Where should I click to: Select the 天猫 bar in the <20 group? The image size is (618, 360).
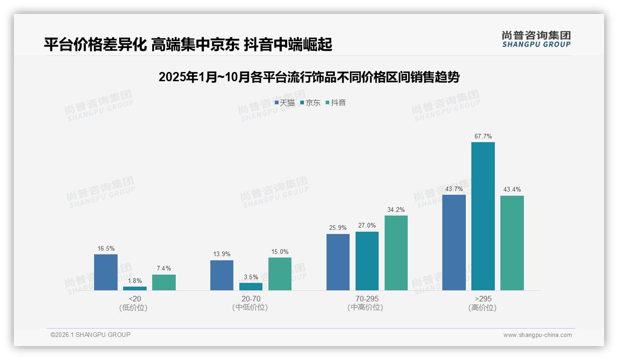point(106,272)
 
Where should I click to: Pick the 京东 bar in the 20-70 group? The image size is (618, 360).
point(251,287)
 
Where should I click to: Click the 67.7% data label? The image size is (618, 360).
point(483,137)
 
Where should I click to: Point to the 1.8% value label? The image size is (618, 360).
point(135,281)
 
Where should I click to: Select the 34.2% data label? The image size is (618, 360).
point(396,210)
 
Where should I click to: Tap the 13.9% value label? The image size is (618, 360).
point(222,254)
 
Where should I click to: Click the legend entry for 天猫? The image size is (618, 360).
point(285,103)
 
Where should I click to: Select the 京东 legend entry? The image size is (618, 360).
point(310,103)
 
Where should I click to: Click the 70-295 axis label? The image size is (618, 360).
point(367,299)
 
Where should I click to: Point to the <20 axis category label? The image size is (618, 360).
point(135,299)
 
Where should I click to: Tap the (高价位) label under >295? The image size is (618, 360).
point(483,308)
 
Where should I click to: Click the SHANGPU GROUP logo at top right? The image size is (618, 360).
point(536,39)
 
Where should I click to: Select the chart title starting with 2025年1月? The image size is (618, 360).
point(309,77)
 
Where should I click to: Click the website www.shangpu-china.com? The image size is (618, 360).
point(537,335)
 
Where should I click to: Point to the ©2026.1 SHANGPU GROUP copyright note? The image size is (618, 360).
point(90,335)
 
